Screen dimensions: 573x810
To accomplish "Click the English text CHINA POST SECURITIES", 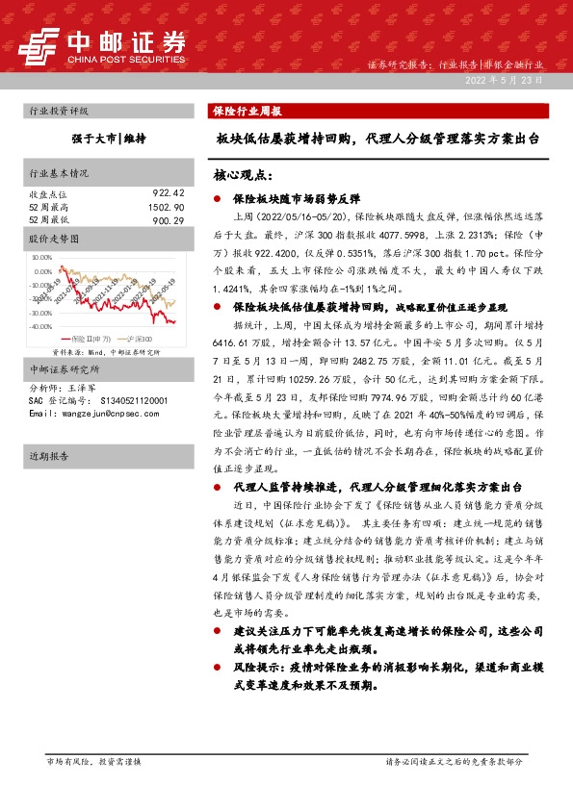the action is click(x=125, y=59).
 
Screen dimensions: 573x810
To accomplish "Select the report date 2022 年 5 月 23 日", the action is click(x=503, y=81).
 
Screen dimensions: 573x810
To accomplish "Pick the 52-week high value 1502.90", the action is click(x=165, y=207).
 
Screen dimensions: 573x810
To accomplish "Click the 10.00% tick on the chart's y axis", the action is click(x=41, y=258).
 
